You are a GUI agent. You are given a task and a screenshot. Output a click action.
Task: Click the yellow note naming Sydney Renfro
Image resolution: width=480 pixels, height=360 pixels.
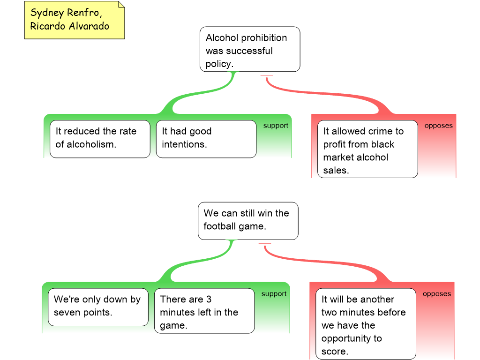click(x=74, y=20)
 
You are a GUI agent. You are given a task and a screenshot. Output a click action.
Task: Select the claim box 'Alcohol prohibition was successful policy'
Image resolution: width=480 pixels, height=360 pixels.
click(x=250, y=50)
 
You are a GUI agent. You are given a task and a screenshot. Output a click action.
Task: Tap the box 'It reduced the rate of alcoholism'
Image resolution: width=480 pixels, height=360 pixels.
click(x=100, y=138)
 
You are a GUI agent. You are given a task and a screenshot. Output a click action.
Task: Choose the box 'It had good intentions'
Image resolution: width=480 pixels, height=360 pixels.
click(x=206, y=138)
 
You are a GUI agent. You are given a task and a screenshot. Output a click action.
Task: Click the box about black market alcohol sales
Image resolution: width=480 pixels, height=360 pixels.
click(x=367, y=149)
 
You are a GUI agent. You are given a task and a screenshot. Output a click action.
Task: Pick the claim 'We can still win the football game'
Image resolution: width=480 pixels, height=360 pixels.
click(x=247, y=220)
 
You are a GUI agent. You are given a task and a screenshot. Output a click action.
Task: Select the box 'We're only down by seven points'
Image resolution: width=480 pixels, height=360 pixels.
click(x=98, y=307)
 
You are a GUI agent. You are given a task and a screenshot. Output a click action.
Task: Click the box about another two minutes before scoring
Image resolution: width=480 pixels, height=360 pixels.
click(x=366, y=324)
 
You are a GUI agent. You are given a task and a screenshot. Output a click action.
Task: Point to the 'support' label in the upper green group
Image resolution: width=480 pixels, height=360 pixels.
click(x=276, y=126)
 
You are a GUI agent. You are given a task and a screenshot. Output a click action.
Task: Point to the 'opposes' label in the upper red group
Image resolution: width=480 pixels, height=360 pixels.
click(x=438, y=126)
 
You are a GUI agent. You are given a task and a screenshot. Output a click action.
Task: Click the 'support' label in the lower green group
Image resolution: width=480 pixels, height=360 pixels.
click(x=274, y=294)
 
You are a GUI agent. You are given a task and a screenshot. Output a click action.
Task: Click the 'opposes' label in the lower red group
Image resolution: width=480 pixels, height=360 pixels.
click(x=436, y=294)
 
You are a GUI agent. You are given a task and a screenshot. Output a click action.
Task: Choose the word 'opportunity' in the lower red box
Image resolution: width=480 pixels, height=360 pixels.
click(x=352, y=338)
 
